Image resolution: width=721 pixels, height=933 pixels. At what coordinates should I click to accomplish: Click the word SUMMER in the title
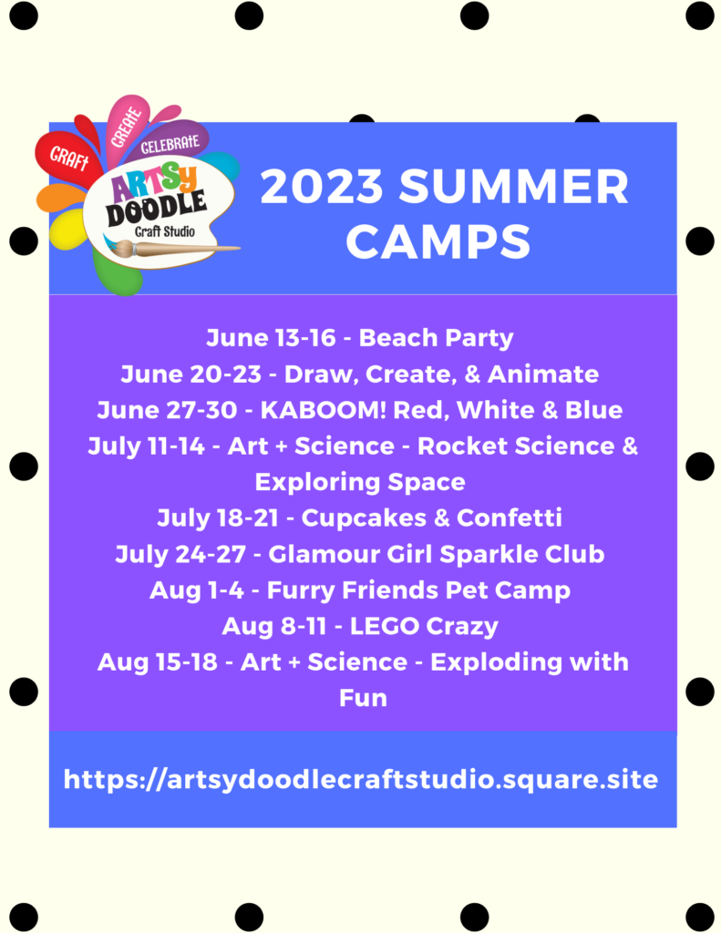[514, 186]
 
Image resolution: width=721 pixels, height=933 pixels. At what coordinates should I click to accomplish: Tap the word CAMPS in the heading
[438, 241]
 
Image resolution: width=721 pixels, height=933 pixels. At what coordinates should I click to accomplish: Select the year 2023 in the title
[322, 186]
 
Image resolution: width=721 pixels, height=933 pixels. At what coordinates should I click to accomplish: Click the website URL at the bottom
[361, 779]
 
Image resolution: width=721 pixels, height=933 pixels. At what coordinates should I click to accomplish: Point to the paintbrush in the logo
[172, 248]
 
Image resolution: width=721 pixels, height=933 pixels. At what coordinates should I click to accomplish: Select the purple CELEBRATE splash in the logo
[170, 143]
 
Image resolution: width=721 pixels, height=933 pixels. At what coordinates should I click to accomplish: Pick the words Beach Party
[436, 338]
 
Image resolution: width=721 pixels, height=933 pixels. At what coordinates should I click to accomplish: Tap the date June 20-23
[191, 374]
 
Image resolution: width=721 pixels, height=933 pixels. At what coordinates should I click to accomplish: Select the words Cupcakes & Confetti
[432, 518]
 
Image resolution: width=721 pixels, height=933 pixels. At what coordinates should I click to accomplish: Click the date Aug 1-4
[197, 590]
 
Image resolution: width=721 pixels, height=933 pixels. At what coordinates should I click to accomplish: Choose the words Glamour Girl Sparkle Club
[437, 555]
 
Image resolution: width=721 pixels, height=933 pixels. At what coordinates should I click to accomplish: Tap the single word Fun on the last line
[363, 698]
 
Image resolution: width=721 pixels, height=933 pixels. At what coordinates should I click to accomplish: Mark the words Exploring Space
[360, 482]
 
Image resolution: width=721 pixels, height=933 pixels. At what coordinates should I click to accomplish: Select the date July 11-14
[146, 446]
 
